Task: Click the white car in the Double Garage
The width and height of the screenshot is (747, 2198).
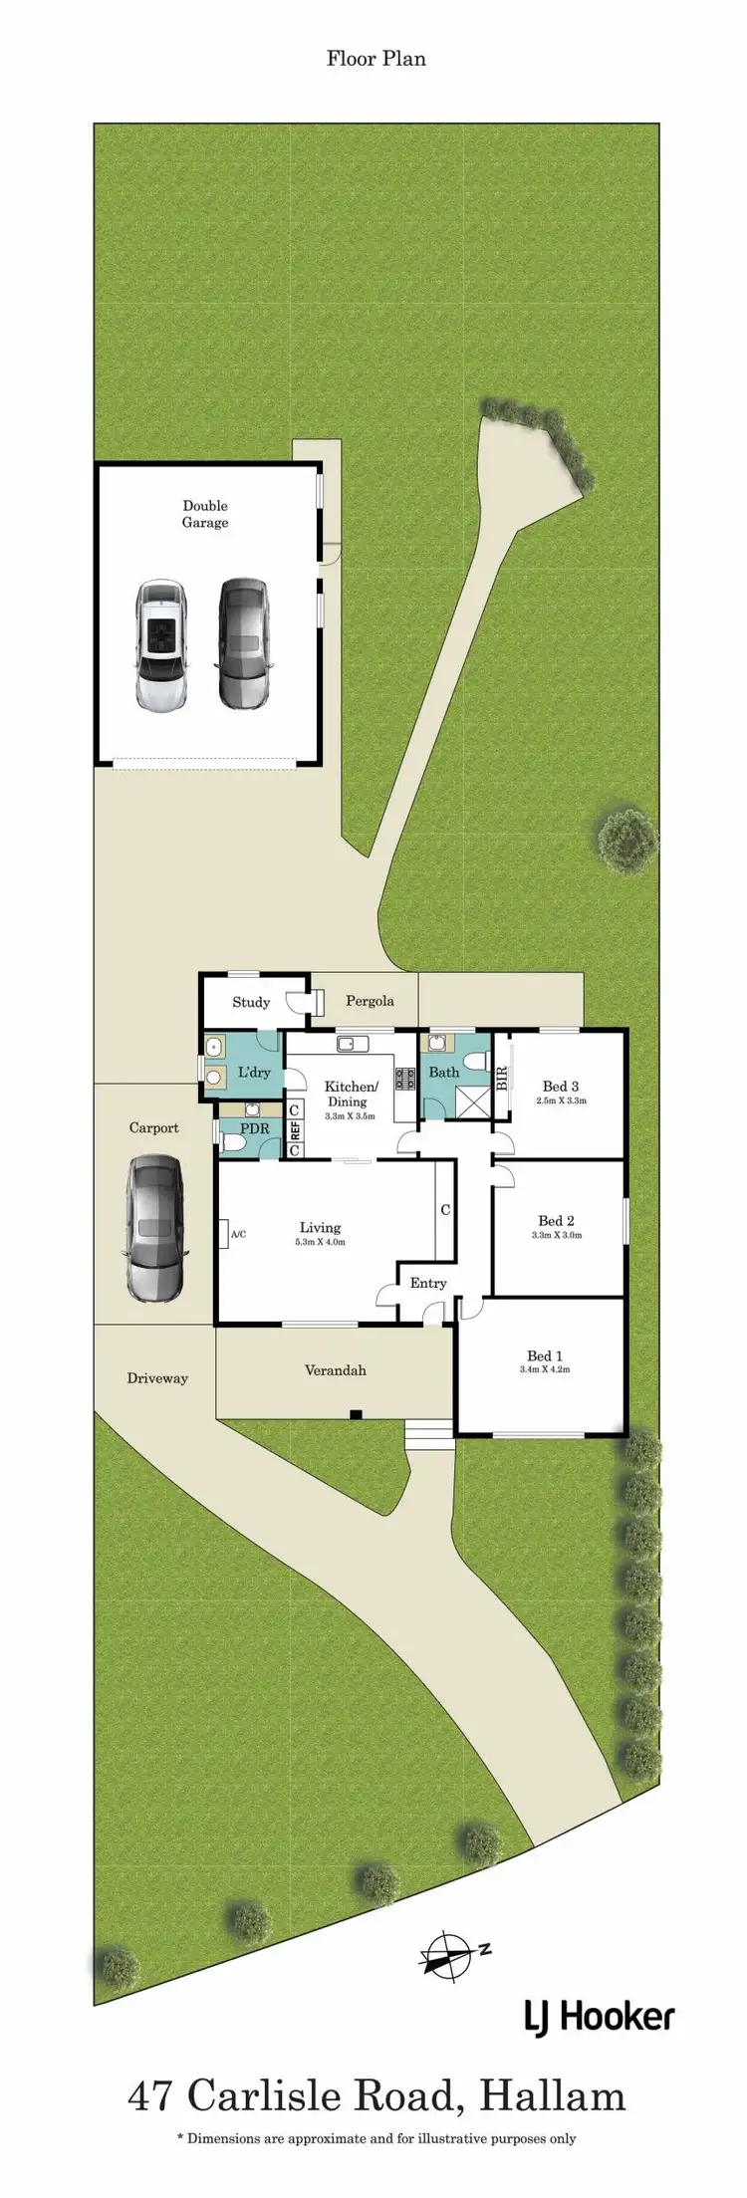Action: tap(160, 645)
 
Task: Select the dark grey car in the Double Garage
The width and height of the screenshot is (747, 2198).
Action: tap(243, 643)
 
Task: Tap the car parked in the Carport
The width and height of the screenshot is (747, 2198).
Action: tap(155, 1228)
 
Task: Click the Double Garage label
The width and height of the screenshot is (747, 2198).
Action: tap(205, 514)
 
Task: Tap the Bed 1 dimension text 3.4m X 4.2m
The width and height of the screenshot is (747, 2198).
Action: tap(545, 1369)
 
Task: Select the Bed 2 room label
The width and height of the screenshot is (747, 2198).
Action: tap(556, 1220)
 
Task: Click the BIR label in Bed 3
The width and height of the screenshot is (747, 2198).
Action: tap(502, 1077)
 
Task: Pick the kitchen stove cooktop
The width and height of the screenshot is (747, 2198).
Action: tap(404, 1078)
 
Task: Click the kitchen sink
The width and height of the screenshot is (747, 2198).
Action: tap(353, 1044)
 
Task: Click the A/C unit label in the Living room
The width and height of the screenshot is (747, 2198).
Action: tap(238, 1234)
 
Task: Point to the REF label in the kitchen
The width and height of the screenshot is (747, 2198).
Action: tap(295, 1130)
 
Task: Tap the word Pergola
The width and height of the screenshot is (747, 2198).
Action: tap(370, 1001)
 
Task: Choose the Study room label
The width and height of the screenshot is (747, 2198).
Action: tap(251, 1002)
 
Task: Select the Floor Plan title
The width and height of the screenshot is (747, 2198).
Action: tap(375, 59)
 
